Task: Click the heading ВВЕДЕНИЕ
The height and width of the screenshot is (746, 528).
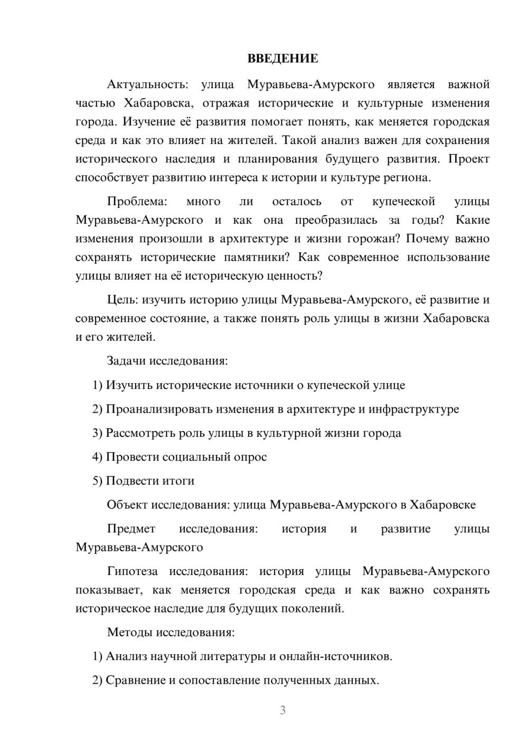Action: tap(282, 59)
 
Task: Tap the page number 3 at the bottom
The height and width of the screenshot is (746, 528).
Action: tap(282, 710)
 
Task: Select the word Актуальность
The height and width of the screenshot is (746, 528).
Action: tap(146, 84)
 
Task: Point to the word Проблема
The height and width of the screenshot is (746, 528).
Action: tap(137, 202)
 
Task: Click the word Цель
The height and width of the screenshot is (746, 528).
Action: tap(122, 300)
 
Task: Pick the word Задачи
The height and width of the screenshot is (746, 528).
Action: tap(126, 361)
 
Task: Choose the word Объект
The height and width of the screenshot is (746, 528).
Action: tap(127, 505)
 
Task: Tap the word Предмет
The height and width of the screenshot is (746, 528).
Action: tap(131, 529)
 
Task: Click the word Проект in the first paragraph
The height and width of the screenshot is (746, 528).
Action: tap(469, 159)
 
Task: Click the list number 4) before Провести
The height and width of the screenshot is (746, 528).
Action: tap(97, 457)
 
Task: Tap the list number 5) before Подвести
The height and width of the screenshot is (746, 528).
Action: tap(97, 481)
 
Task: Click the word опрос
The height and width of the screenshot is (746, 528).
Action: tap(250, 457)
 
